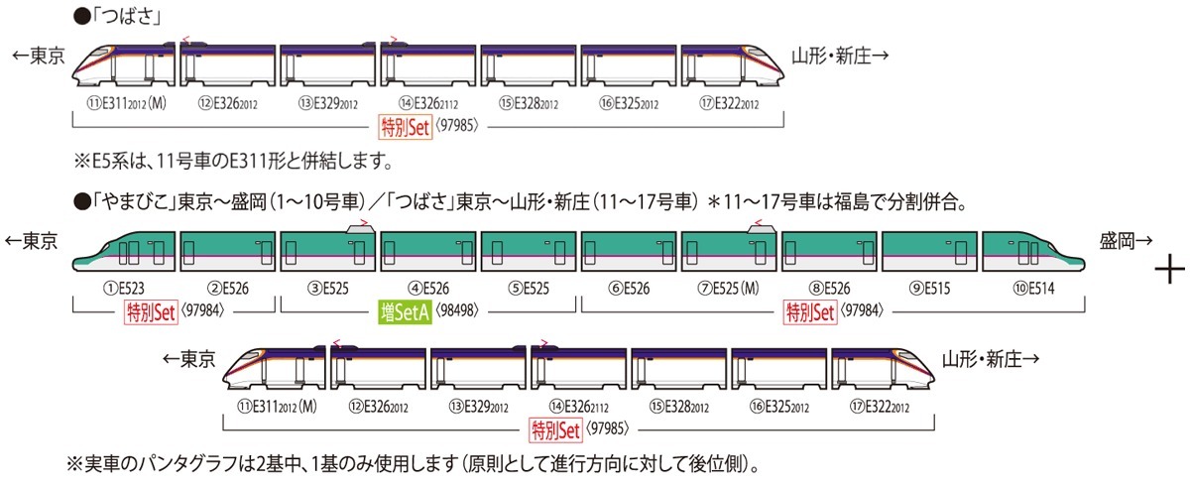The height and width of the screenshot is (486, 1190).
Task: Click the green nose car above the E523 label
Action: (124, 251)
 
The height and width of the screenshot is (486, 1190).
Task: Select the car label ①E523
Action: (124, 289)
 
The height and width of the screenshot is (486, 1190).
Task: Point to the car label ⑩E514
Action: (1033, 289)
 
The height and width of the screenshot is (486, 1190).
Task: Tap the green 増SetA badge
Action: (405, 312)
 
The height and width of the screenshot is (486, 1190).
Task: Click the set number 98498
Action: (457, 310)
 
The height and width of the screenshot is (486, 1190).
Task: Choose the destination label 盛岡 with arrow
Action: (1127, 241)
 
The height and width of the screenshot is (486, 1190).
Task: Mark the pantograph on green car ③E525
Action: (361, 227)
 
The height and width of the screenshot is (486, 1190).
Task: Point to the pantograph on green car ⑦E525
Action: (762, 227)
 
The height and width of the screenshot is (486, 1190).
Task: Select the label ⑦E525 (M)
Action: (728, 289)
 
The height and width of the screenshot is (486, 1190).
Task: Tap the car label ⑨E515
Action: (930, 289)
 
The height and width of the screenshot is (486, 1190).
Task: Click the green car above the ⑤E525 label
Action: (529, 251)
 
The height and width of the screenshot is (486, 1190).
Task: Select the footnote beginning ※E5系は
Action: (234, 161)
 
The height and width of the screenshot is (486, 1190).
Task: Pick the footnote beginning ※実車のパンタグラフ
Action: (413, 465)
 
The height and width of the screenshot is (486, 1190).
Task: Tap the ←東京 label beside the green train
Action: (31, 241)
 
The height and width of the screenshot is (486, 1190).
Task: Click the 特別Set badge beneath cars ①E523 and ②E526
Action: (151, 312)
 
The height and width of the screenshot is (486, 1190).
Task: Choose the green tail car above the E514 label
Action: (1033, 251)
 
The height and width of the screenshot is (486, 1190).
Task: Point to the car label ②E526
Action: (228, 289)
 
